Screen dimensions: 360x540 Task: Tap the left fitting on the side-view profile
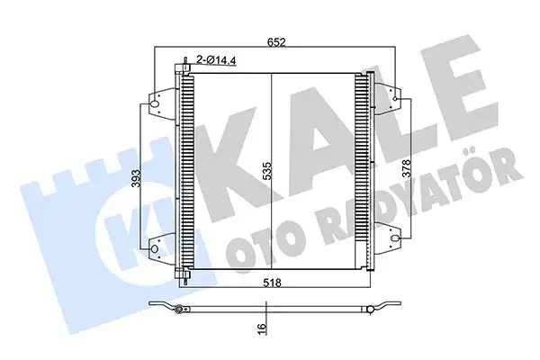(181, 310)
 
